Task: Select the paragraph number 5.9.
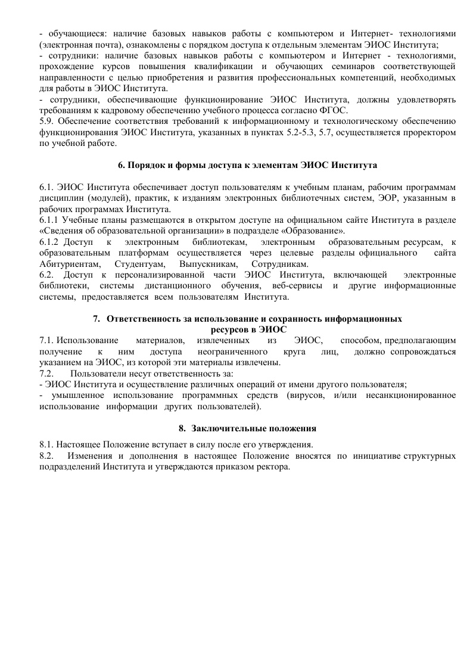coord(46,122)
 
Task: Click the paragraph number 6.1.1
coord(49,220)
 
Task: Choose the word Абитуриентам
coord(70,264)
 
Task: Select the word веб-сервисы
coord(294,285)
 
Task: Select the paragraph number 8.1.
coord(46,445)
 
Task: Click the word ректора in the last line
coord(276,466)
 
